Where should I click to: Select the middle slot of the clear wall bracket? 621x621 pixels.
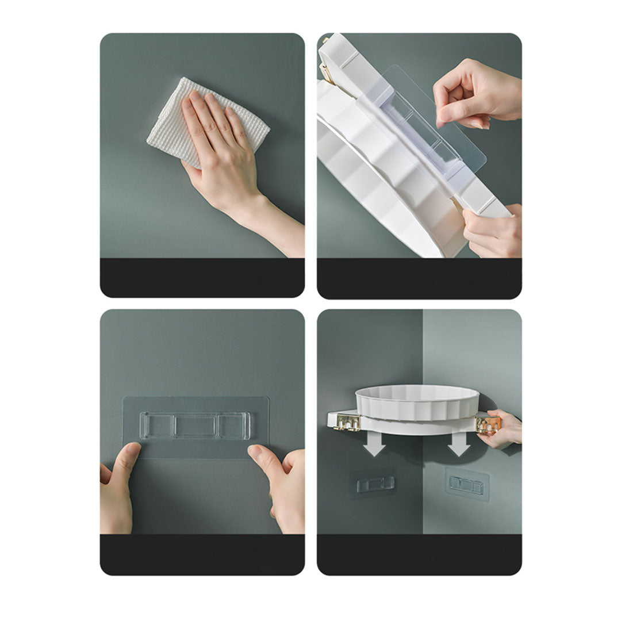click(195, 426)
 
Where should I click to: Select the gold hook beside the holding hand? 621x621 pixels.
click(488, 424)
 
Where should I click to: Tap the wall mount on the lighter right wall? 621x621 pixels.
click(466, 485)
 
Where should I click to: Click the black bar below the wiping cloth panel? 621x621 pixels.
click(202, 277)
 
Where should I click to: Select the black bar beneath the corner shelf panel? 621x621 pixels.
click(419, 554)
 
